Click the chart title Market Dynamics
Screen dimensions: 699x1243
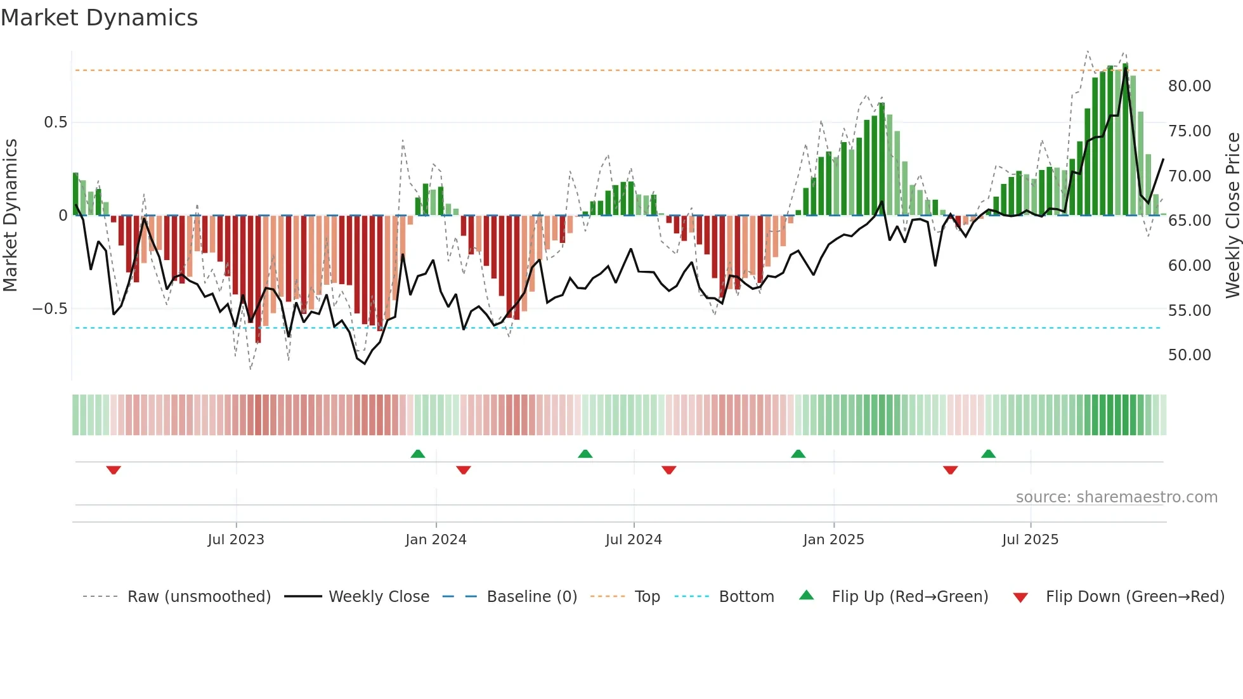pyautogui.click(x=100, y=18)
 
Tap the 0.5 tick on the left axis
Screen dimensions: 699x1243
pyautogui.click(x=55, y=122)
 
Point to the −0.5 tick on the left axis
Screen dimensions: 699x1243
pyautogui.click(x=49, y=309)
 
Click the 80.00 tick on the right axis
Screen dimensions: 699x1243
pyautogui.click(x=1189, y=86)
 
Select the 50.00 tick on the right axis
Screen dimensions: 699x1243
pyautogui.click(x=1189, y=355)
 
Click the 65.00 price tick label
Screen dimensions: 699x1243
pyautogui.click(x=1189, y=221)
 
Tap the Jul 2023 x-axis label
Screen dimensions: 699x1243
pyautogui.click(x=236, y=540)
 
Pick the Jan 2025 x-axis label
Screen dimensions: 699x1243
pyautogui.click(x=833, y=540)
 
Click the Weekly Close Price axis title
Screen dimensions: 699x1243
pyautogui.click(x=1232, y=216)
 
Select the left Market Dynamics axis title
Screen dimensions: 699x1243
pyautogui.click(x=10, y=216)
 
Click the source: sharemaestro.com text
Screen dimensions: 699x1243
pyautogui.click(x=1116, y=497)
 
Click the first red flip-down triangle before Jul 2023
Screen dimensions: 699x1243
pyautogui.click(x=114, y=470)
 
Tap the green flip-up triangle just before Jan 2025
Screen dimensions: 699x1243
pyautogui.click(x=798, y=454)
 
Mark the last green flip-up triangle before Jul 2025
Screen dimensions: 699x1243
pyautogui.click(x=988, y=454)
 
